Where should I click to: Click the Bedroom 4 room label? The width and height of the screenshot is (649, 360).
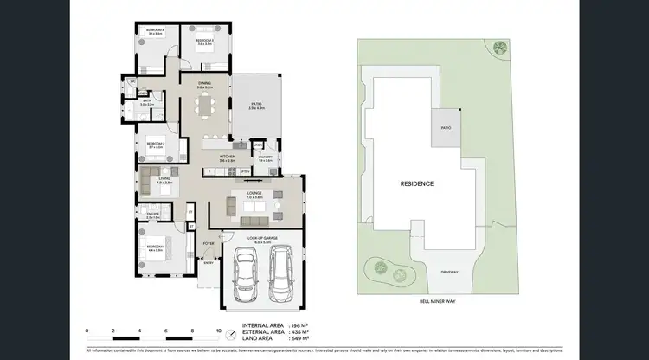point(155,31)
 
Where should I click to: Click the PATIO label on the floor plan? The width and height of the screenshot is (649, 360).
point(255,104)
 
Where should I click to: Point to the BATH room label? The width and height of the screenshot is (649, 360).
point(148,101)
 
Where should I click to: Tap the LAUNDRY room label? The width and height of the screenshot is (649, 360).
point(266,158)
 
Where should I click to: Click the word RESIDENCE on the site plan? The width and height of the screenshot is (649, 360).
point(416,183)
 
